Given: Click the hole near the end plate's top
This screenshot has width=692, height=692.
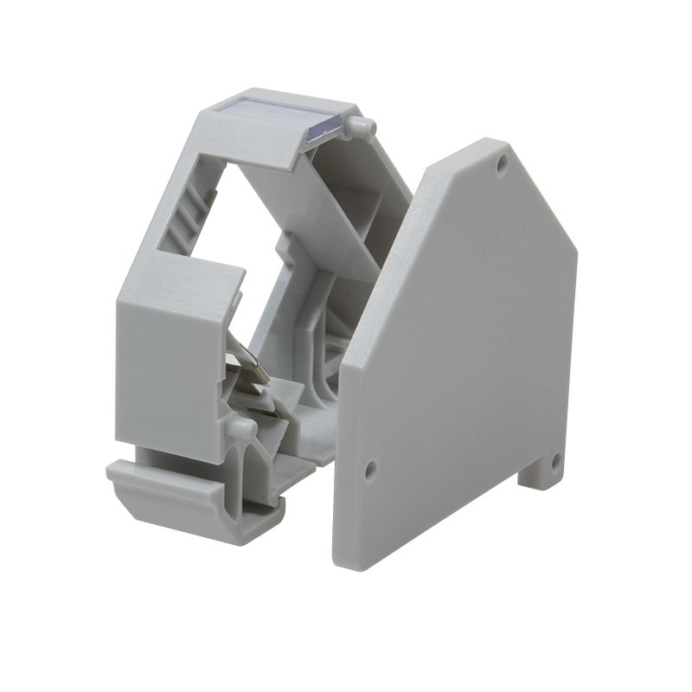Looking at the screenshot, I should [x=502, y=163].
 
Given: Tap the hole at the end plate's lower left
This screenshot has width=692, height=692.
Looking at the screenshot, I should [x=370, y=471].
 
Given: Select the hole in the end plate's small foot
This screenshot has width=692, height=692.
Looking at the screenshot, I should [x=556, y=463].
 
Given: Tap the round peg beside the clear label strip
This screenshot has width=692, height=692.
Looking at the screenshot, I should [x=360, y=128].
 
